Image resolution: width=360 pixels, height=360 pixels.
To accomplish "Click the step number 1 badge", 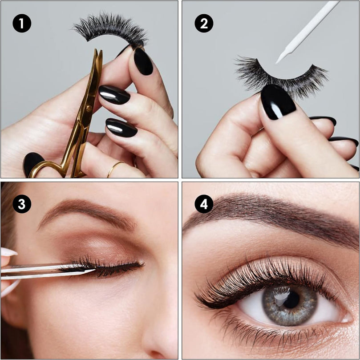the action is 22,23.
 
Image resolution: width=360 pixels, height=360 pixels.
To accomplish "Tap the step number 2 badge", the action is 204,23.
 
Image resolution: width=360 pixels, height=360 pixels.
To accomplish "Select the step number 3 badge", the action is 22,204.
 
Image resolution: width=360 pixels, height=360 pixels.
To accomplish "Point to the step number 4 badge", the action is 204,204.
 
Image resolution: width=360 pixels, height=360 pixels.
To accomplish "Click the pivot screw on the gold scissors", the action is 88,107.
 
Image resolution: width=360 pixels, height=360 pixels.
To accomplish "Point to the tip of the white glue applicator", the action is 277,62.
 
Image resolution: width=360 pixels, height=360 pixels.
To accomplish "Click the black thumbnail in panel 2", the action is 278,102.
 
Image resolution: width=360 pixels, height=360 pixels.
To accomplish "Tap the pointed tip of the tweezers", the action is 95,270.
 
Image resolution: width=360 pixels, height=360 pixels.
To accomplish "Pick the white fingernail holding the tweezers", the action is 9,252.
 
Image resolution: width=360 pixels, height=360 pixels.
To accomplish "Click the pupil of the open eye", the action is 291,299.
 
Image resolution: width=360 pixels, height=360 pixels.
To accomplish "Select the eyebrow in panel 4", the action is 271,214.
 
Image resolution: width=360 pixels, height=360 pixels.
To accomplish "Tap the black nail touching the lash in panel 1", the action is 143,61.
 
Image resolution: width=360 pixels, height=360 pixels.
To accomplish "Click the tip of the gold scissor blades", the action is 98,51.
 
